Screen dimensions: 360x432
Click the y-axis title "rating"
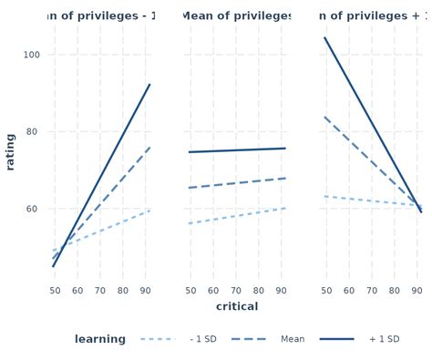click(x=11, y=152)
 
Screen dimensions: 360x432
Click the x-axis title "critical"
click(x=237, y=306)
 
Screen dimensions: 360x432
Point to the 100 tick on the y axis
click(x=32, y=55)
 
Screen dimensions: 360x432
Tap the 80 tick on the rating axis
click(x=32, y=132)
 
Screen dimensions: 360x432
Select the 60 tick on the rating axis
click(x=32, y=209)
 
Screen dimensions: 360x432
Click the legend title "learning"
click(x=100, y=339)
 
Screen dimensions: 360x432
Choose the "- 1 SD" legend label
click(x=203, y=339)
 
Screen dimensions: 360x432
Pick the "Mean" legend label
click(x=293, y=339)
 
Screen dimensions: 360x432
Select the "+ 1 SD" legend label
click(x=384, y=339)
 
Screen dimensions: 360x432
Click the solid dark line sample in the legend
click(x=336, y=339)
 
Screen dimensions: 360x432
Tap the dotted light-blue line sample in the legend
click(x=157, y=339)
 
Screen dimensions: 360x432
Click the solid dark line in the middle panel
click(x=237, y=150)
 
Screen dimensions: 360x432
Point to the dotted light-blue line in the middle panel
click(x=237, y=215)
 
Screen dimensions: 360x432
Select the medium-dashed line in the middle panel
click(x=237, y=183)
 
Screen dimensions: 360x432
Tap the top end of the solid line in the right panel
click(x=325, y=38)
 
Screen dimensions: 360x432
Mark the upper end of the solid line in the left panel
click(x=149, y=85)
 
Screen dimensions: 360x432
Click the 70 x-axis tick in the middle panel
click(x=236, y=291)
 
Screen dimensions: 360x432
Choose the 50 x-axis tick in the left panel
click(x=55, y=291)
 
